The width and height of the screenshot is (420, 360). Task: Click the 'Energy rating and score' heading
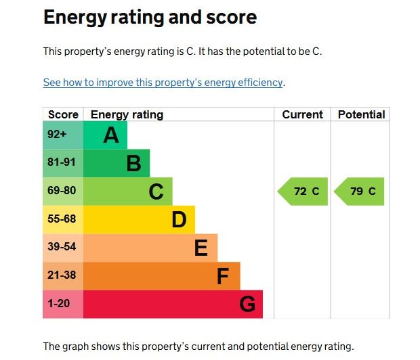click(x=150, y=17)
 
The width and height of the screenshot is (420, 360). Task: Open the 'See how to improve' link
click(x=163, y=83)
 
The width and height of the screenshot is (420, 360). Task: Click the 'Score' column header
click(x=63, y=114)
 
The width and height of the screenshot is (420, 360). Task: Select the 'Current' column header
click(x=302, y=114)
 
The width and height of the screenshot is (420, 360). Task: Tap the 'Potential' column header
click(x=361, y=114)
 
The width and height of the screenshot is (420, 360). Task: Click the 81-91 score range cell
click(x=62, y=162)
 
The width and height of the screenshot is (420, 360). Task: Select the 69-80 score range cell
click(x=62, y=191)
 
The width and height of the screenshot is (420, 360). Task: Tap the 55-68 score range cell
click(x=62, y=219)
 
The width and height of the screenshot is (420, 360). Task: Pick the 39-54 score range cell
click(x=62, y=247)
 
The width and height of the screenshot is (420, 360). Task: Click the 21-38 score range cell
click(x=62, y=275)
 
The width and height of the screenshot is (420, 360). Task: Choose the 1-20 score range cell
click(x=59, y=304)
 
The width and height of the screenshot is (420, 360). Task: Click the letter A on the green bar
click(x=111, y=135)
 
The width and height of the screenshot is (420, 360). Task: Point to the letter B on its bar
click(x=133, y=163)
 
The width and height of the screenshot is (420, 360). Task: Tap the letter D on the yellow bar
click(x=179, y=219)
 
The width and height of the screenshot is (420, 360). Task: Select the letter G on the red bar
click(x=247, y=305)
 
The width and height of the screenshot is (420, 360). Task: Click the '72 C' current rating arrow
click(x=303, y=192)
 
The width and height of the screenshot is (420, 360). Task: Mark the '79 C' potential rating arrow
click(x=360, y=192)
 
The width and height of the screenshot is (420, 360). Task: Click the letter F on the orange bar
click(x=223, y=276)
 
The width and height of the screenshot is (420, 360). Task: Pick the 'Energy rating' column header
click(x=127, y=114)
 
